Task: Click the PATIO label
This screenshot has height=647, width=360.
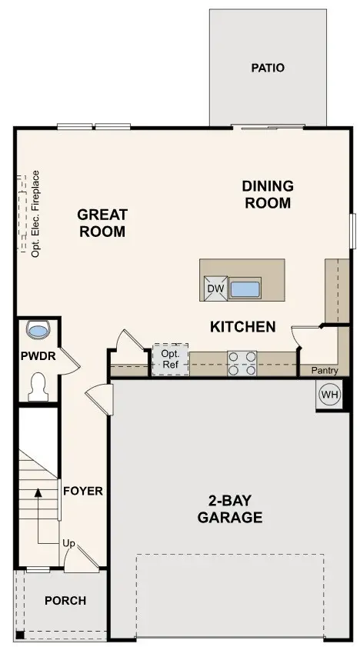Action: [x=267, y=68]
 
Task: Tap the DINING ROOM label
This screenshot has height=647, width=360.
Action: [x=267, y=195]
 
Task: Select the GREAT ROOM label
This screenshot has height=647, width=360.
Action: [x=102, y=223]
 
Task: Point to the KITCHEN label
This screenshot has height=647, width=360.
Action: [x=242, y=327]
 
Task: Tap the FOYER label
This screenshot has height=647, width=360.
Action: [x=83, y=491]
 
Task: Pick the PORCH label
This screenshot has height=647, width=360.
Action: [x=65, y=601]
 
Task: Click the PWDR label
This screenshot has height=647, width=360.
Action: [x=36, y=357]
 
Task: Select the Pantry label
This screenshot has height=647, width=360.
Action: [x=325, y=371]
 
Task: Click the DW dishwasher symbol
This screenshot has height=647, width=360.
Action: [x=215, y=289]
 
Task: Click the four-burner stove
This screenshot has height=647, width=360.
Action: [x=242, y=363]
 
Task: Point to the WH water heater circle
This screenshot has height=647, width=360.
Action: [x=328, y=395]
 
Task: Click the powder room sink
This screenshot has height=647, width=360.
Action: [x=38, y=329]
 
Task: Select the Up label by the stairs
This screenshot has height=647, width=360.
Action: [x=68, y=544]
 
